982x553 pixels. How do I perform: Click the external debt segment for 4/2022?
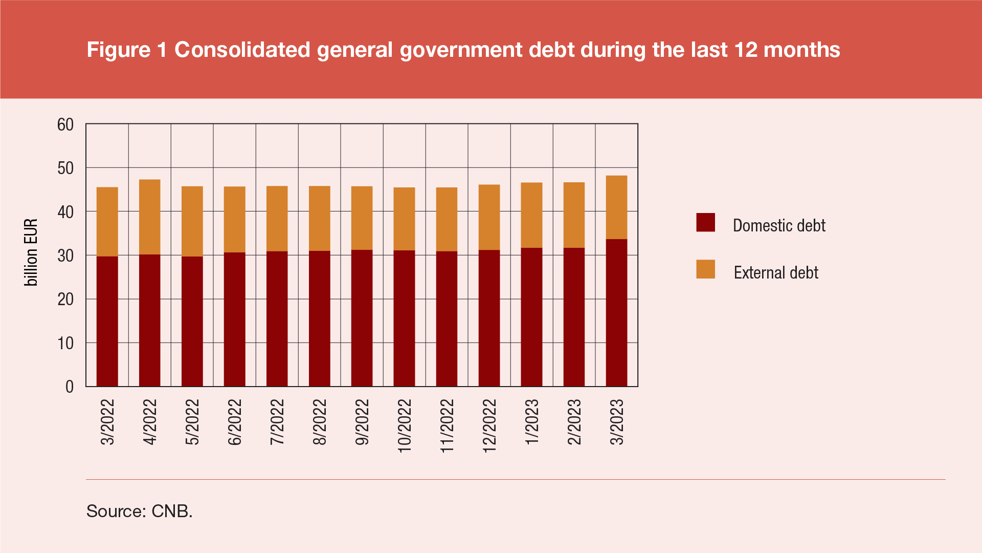coord(149,217)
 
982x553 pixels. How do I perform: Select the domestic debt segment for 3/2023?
coord(616,312)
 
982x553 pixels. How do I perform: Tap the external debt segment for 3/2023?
coord(616,207)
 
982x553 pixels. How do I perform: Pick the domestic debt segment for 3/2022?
coord(107,321)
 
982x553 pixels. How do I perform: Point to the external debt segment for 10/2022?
coord(404,219)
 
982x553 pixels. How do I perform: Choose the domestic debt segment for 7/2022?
coord(277,318)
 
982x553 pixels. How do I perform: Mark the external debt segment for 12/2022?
coord(489,218)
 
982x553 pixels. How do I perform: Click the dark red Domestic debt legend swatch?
coord(705,223)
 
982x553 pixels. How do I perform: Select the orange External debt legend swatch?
coord(705,269)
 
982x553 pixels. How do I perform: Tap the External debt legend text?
coord(775,272)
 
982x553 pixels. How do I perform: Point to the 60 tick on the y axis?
coord(65,124)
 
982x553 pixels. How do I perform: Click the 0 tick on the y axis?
coord(70,387)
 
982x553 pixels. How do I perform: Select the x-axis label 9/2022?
coord(362,422)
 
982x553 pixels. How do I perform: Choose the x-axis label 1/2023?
coord(532,422)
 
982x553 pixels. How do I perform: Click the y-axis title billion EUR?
coord(31,252)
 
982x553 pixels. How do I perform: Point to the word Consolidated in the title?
coord(242,50)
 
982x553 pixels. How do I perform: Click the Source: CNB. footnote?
coord(139,511)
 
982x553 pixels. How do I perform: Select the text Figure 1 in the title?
coord(127,50)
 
